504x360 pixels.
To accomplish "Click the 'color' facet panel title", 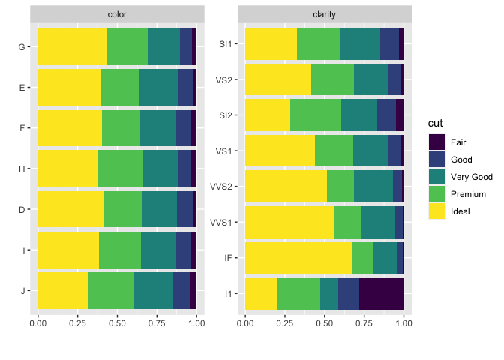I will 117,14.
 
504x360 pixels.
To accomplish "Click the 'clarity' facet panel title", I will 324,14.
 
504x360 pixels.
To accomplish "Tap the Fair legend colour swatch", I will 436,142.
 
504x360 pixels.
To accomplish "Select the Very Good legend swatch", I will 436,176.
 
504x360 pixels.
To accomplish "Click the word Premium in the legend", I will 469,193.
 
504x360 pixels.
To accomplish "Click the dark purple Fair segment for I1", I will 381,293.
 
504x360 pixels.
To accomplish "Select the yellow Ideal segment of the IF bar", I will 298,257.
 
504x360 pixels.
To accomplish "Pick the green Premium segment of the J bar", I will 111,290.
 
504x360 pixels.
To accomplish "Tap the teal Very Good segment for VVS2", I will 373,186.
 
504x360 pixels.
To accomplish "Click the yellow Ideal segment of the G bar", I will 72,46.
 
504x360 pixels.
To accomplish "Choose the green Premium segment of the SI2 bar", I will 316,115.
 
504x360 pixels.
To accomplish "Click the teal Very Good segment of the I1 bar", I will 329,293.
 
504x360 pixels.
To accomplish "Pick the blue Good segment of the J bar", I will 181,290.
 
